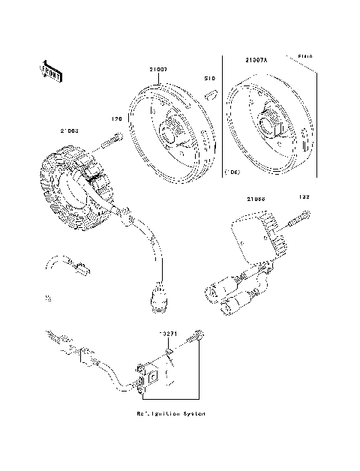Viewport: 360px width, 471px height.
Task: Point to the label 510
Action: click(x=211, y=78)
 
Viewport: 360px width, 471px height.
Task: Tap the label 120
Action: click(x=116, y=118)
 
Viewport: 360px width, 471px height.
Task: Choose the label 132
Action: click(x=304, y=198)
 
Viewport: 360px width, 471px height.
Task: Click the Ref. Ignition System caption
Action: click(x=171, y=413)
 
